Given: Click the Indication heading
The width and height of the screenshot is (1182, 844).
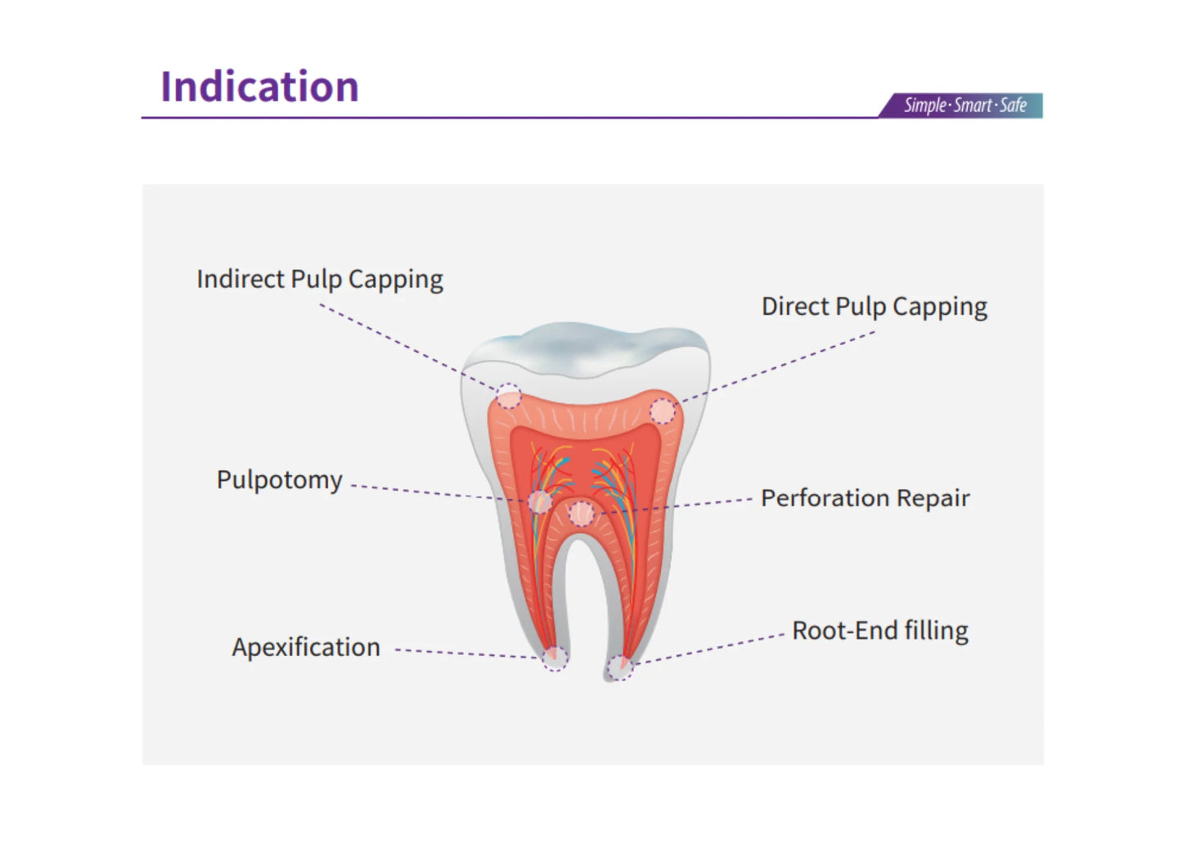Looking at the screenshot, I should tap(259, 87).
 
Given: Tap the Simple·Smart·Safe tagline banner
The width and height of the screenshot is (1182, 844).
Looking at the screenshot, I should tap(964, 105).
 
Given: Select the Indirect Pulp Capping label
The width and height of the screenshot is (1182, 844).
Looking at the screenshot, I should tap(320, 279).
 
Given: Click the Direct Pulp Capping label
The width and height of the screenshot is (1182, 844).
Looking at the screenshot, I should tap(874, 307).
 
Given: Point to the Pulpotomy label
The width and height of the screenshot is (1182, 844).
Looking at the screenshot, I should tap(279, 480).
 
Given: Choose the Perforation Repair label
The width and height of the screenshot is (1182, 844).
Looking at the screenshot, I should tap(865, 498).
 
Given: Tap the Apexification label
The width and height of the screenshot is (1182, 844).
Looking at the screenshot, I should tap(306, 647).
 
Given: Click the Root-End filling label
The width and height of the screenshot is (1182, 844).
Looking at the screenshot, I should tap(879, 631).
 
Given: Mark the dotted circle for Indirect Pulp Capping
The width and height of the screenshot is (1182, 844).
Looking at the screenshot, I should tap(508, 397).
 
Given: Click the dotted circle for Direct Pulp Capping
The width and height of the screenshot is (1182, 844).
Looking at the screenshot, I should tap(663, 411).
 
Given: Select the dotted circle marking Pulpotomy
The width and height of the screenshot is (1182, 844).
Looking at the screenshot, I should tap(539, 501).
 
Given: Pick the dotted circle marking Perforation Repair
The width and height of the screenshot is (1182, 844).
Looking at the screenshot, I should tap(581, 514).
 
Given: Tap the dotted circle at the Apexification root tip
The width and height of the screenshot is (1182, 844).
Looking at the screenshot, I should tap(555, 657).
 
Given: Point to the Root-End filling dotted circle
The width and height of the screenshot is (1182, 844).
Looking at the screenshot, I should tap(619, 667).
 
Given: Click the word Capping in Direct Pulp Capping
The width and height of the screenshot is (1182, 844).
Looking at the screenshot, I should tap(940, 307).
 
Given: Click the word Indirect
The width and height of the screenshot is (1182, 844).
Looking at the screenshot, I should tap(240, 279).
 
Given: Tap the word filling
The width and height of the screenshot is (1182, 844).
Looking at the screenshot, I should tap(936, 631).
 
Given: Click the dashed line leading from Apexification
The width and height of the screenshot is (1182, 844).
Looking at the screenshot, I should tap(466, 653).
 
